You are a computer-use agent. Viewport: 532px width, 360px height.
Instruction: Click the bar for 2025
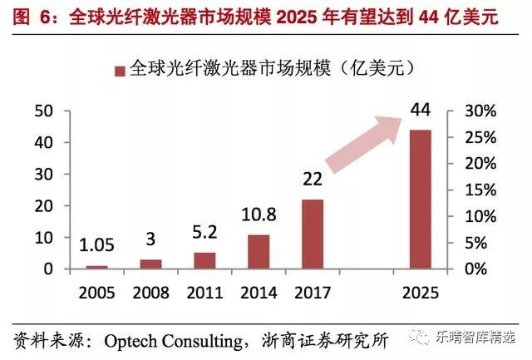420,200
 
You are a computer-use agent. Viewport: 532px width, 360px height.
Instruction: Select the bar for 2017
313,234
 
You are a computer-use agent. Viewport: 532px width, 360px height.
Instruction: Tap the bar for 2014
259,252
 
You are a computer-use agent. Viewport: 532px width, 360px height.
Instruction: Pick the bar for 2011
204,261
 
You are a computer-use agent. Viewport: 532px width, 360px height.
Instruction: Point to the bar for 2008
150,264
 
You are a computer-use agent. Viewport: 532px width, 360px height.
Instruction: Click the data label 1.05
96,246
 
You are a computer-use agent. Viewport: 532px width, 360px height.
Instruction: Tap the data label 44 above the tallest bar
420,110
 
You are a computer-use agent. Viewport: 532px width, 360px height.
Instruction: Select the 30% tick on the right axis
480,111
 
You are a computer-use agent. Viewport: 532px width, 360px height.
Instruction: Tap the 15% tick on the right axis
480,190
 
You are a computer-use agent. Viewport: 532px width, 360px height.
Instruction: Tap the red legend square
120,71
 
